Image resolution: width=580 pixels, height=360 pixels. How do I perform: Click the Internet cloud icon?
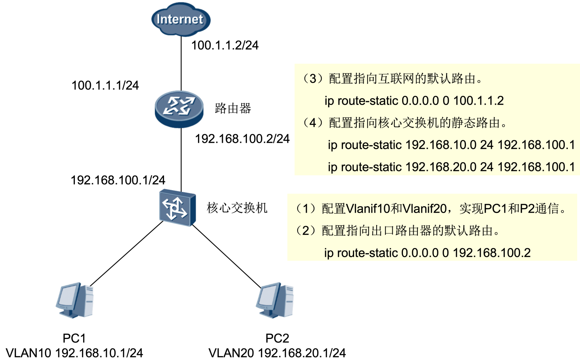point(180,19)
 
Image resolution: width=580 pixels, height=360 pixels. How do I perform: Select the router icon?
point(179,108)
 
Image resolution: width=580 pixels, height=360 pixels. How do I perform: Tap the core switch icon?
point(177,208)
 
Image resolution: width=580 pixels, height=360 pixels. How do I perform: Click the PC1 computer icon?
point(75,300)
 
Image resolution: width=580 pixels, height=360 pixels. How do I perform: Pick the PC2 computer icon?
point(275,300)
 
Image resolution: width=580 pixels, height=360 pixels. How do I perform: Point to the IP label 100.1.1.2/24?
point(225,45)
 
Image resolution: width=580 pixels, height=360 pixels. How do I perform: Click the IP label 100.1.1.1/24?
point(105,86)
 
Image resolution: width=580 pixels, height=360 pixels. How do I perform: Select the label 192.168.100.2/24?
point(242,139)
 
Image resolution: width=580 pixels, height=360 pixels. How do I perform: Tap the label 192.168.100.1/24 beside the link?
point(118,180)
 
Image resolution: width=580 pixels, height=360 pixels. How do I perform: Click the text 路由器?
point(233,108)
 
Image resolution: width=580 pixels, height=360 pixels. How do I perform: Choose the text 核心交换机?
point(237,208)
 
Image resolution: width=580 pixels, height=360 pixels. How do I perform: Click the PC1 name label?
point(74,338)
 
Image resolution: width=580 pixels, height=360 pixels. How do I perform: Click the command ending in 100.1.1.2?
point(414,101)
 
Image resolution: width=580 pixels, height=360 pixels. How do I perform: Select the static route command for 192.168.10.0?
point(451,145)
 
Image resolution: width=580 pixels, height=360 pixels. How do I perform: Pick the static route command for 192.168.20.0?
point(451,167)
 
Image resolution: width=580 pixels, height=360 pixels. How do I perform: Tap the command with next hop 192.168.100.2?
point(427,253)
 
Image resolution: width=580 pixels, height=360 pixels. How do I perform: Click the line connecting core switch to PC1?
point(126,254)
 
